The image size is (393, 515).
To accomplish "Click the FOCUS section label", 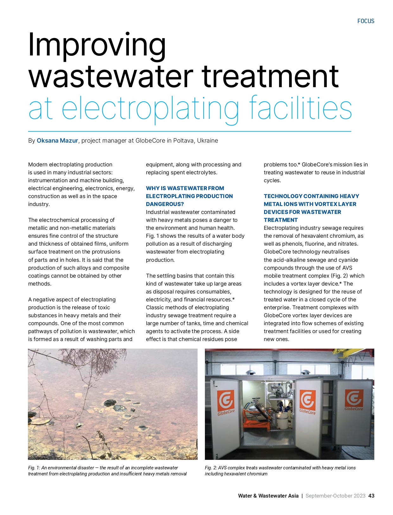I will click(x=366, y=21).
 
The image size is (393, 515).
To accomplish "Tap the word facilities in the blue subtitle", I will click(x=301, y=108).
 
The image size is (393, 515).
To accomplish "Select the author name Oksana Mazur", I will click(x=57, y=141).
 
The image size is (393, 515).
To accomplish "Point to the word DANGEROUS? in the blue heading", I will click(x=165, y=204).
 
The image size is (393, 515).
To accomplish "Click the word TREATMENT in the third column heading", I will click(x=281, y=220).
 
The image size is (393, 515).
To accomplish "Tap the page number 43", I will click(x=371, y=496).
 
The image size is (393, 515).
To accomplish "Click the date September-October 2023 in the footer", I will click(x=335, y=496).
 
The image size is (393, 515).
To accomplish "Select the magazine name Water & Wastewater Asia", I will click(x=268, y=496).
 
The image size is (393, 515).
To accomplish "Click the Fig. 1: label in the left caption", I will click(x=34, y=468).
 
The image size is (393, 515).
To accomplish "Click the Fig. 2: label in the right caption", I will click(x=211, y=468).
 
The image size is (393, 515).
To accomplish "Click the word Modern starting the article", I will click(x=38, y=164).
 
